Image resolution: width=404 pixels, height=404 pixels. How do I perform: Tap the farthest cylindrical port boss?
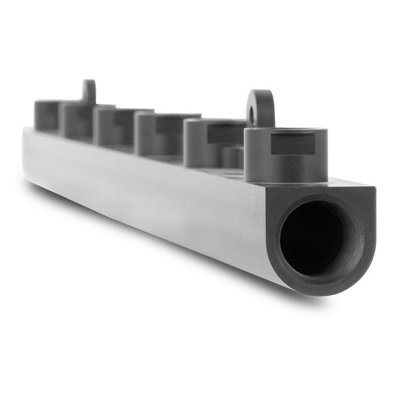pos(47,115)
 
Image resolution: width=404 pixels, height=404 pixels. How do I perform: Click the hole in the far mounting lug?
pos(89,91)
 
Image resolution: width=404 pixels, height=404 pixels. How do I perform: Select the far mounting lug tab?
pos(89,93)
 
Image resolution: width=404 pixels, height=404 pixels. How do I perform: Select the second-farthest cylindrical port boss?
pos(76,119)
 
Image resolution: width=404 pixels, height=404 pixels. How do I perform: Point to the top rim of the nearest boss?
pos(285,133)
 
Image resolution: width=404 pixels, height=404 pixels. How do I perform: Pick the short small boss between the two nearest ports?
pos(233,157)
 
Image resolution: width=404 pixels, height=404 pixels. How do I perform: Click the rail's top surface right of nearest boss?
pos(345,183)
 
